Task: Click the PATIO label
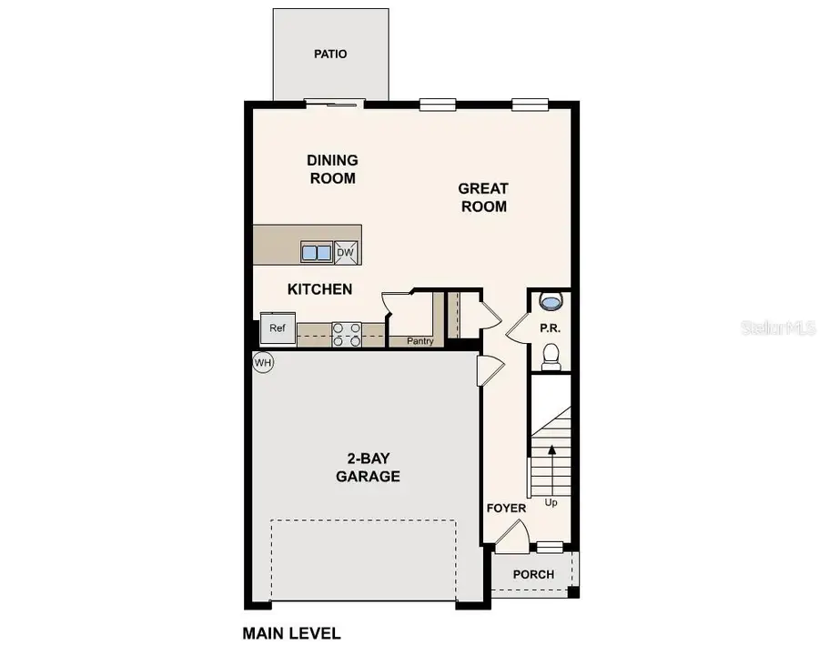(330, 54)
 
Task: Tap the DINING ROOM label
(332, 169)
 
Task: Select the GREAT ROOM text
(482, 197)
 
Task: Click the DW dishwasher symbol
(346, 253)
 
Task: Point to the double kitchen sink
(317, 253)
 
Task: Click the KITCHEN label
(319, 289)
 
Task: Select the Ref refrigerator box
(277, 328)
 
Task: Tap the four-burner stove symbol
(346, 335)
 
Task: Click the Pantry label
(420, 341)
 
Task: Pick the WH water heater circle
(263, 362)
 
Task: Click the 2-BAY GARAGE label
(368, 468)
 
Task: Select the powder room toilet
(551, 357)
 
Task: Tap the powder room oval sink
(551, 300)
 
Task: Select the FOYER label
(506, 508)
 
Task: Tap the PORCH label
(533, 574)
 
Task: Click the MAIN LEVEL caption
(291, 632)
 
